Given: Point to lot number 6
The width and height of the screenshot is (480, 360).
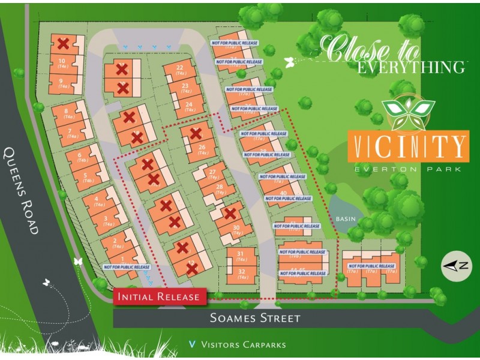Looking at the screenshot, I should (x=79, y=155).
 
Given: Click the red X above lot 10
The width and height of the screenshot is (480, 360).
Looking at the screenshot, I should (x=62, y=43).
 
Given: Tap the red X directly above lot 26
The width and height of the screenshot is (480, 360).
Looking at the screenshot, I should (x=195, y=133).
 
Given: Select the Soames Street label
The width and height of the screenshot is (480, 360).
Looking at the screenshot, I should (x=255, y=318).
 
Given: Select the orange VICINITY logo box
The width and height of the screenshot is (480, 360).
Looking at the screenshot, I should (x=408, y=146).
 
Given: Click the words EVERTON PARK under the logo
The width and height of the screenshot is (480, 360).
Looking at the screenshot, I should (x=408, y=169).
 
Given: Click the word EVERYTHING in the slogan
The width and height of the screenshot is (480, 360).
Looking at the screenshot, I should (x=411, y=67).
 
